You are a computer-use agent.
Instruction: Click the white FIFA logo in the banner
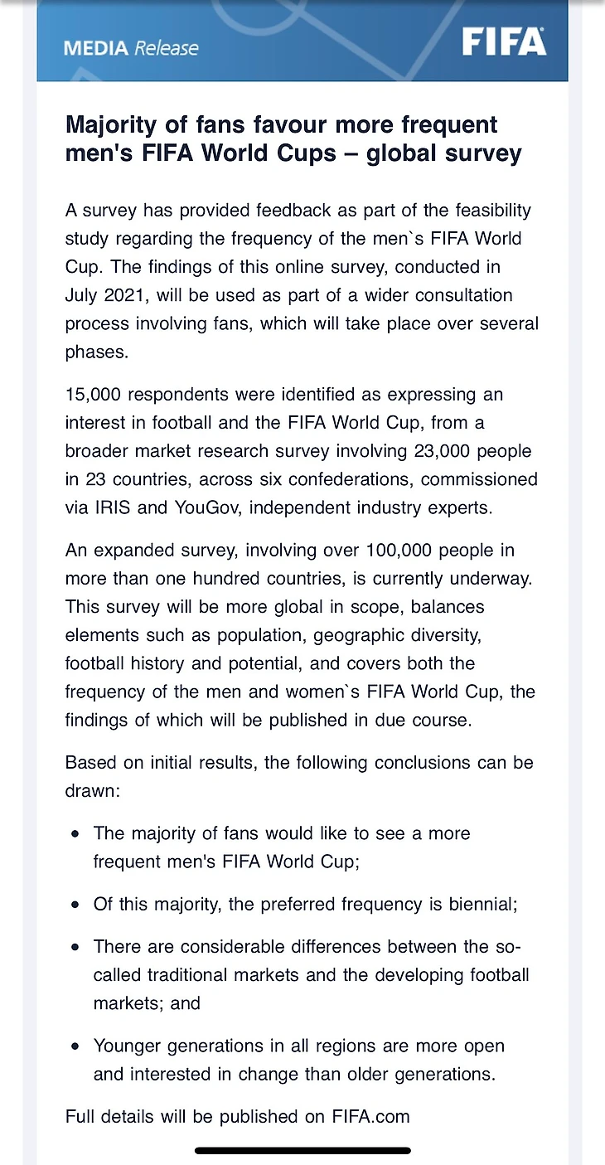tap(504, 41)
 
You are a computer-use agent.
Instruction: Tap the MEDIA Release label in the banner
tap(131, 48)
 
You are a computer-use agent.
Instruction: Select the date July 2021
tap(111, 295)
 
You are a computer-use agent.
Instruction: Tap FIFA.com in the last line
tap(370, 1116)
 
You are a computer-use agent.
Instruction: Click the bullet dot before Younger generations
tap(75, 1046)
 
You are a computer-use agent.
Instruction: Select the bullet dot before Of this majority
tap(75, 904)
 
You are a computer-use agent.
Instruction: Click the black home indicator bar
tap(302, 1151)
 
